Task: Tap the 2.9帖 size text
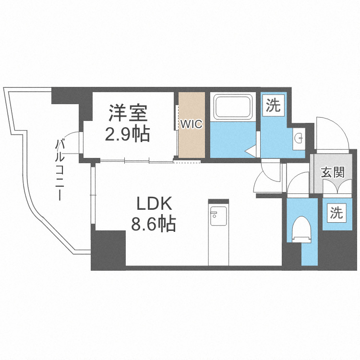128,134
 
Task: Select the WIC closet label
192,123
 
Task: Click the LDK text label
154,204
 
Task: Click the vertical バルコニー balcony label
60,169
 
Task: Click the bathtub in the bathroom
233,108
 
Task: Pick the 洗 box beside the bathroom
273,105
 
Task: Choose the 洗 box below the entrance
336,213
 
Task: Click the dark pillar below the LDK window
108,250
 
